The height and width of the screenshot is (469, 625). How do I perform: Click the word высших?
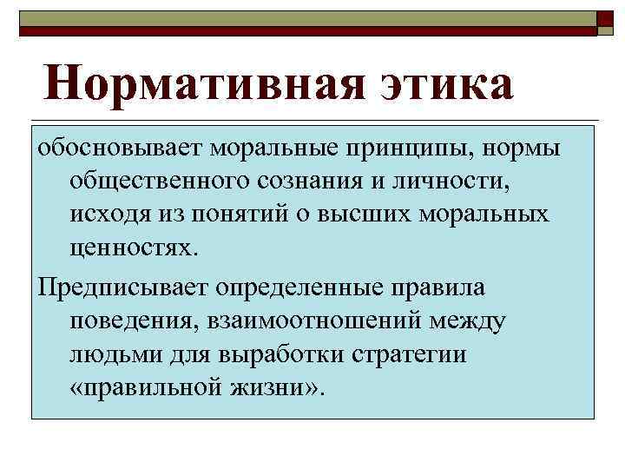point(362,214)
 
